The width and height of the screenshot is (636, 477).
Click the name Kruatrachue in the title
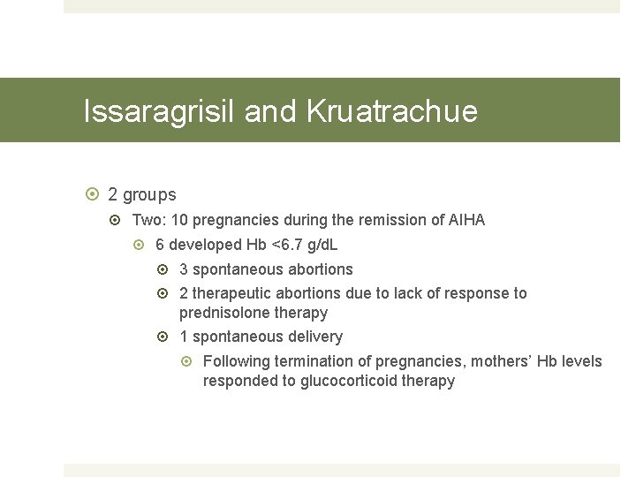(392, 111)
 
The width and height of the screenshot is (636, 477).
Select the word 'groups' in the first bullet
(149, 194)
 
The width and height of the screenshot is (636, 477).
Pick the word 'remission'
(401, 220)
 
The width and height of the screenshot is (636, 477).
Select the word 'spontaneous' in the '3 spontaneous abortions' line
(235, 269)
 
